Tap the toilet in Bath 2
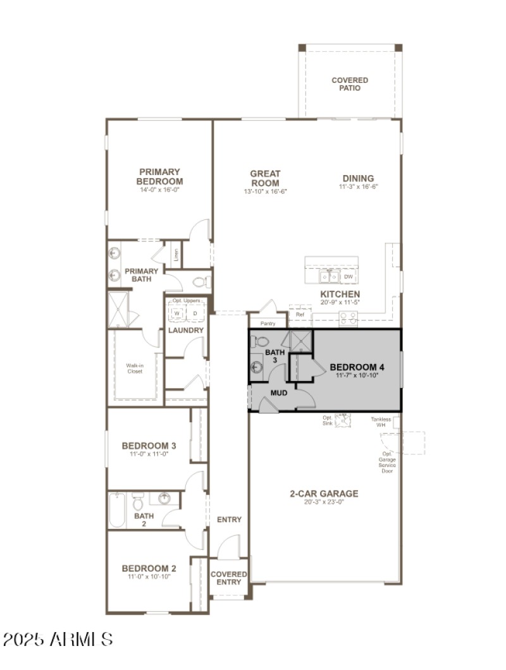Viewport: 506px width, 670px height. tap(138, 502)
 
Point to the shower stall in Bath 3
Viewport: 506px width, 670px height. tap(301, 341)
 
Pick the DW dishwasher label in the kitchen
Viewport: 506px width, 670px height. tap(349, 277)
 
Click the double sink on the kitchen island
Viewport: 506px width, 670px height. tap(330, 276)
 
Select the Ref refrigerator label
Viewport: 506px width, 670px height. tap(300, 314)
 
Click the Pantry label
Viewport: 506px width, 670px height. tap(268, 323)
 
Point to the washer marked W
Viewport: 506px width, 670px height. tap(176, 313)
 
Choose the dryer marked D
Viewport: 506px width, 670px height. tap(195, 313)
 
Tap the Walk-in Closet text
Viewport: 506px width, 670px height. tap(134, 368)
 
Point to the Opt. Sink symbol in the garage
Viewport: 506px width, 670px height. tap(343, 420)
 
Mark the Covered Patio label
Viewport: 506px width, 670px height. tap(350, 84)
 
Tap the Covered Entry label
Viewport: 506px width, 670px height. tap(229, 578)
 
